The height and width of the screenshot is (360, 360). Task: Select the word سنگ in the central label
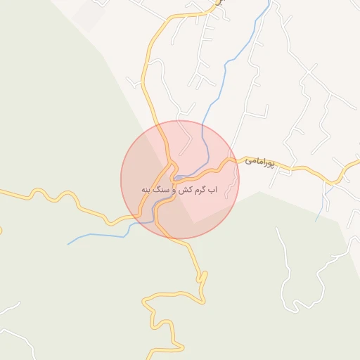[161, 191]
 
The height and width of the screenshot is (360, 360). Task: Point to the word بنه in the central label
[146, 191]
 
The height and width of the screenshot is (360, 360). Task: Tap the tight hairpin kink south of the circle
[202, 276]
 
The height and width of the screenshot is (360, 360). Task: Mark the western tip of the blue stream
[69, 244]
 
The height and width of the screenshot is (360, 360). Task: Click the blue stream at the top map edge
[269, 2]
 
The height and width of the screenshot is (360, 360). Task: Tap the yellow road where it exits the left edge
[2, 191]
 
